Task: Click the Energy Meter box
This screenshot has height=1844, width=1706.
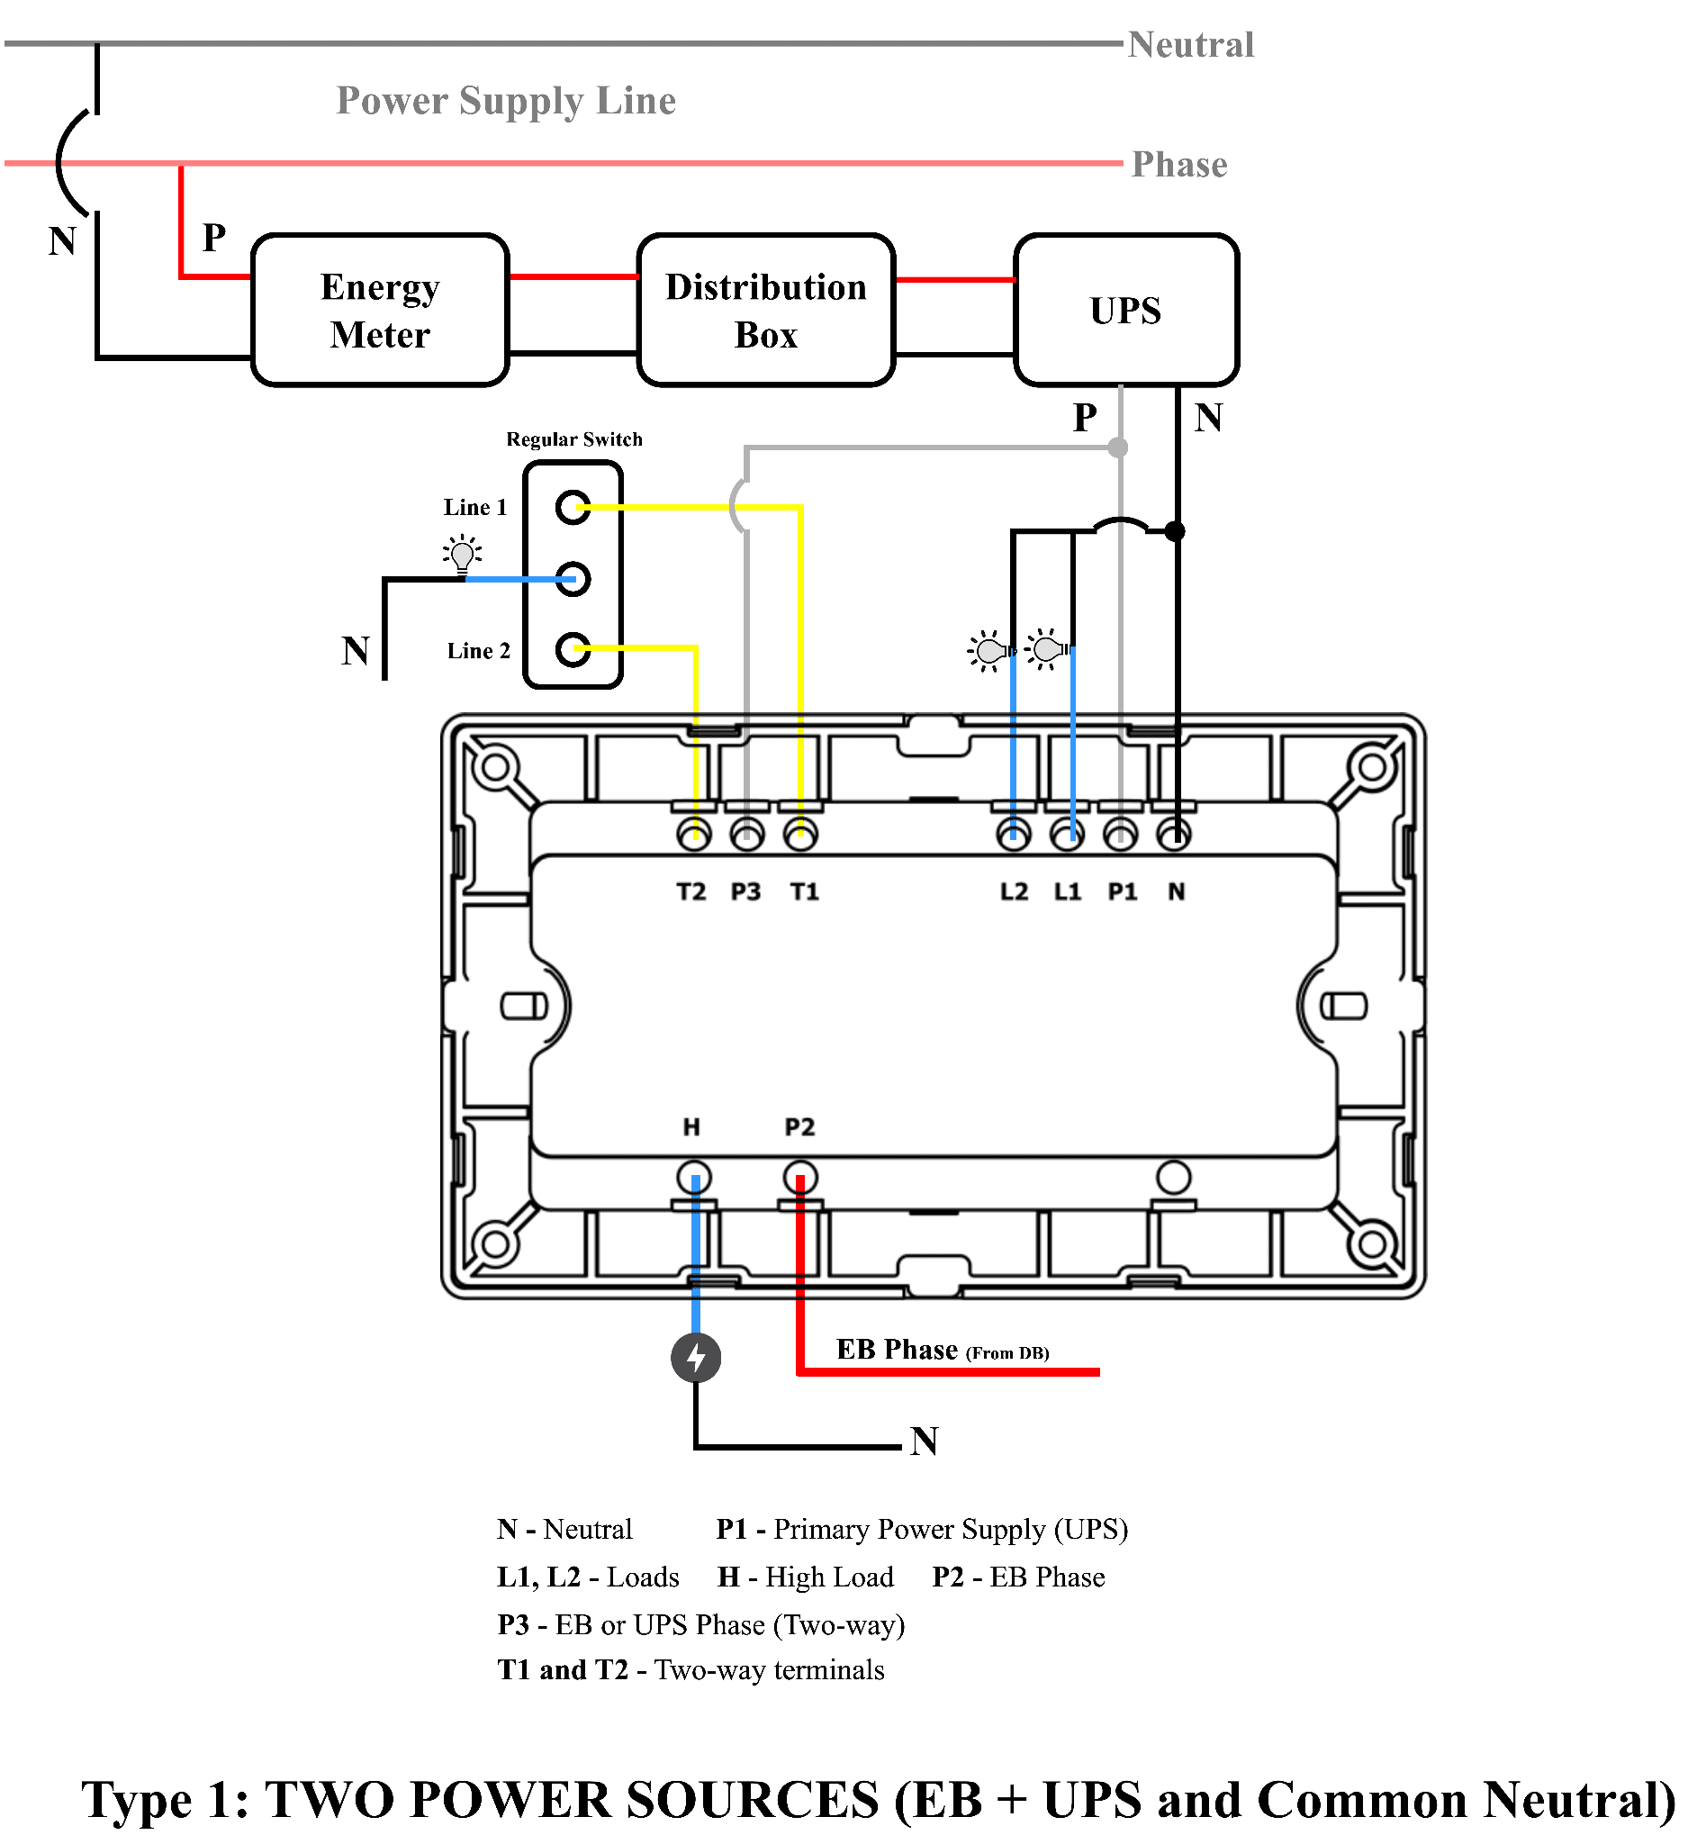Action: click(380, 311)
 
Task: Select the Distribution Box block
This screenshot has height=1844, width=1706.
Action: click(766, 311)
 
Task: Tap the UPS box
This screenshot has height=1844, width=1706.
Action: click(1126, 311)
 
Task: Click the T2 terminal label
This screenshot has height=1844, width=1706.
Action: click(691, 892)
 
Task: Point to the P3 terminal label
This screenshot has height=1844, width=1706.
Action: click(746, 892)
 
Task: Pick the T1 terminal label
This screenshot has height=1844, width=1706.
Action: click(804, 892)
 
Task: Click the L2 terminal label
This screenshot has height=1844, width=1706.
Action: click(1014, 892)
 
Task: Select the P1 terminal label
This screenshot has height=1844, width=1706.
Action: click(1123, 892)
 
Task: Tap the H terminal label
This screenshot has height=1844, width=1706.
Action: click(691, 1127)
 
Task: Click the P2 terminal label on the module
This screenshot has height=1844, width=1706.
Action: click(799, 1127)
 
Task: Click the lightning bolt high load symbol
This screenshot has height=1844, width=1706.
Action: click(696, 1359)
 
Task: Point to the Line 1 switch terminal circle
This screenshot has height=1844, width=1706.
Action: click(573, 507)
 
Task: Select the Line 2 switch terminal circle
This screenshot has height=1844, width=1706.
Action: click(573, 649)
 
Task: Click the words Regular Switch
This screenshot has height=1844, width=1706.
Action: click(574, 439)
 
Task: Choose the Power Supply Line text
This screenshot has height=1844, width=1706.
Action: click(506, 101)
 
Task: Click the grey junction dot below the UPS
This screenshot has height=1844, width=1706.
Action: click(1118, 447)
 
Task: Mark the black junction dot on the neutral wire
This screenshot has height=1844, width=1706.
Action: click(1174, 531)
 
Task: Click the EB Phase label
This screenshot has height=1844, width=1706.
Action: click(898, 1350)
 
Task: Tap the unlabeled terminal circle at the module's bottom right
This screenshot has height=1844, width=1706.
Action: click(1173, 1179)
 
